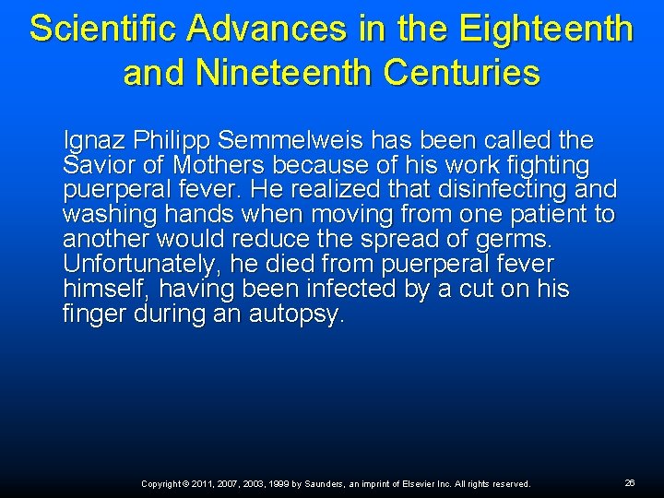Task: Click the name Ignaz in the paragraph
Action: [89, 141]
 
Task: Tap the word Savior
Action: [91, 166]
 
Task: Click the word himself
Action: [99, 290]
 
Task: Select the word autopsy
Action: [297, 315]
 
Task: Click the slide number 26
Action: [630, 482]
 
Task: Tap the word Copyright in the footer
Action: [161, 483]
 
